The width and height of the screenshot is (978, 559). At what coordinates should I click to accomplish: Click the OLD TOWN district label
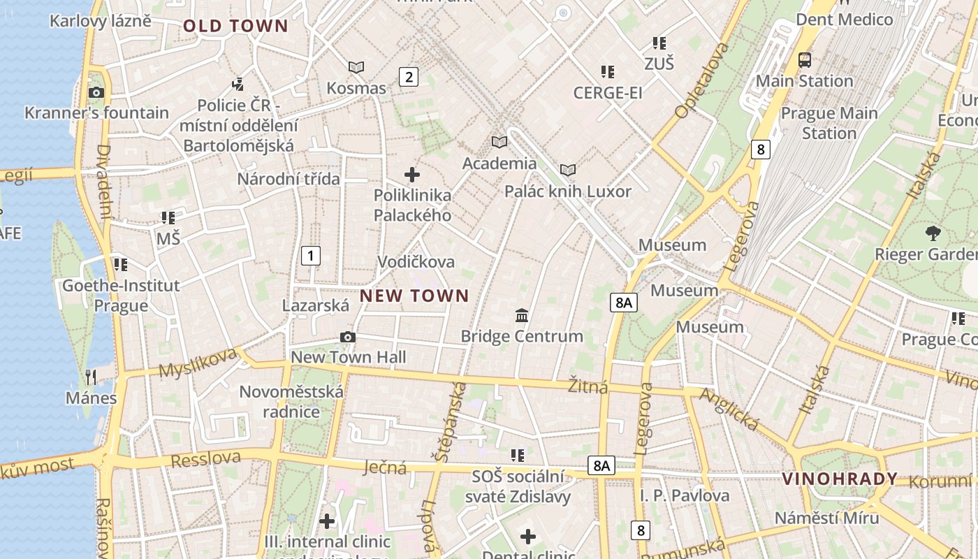[x=235, y=27]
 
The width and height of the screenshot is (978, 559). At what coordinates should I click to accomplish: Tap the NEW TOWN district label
[x=414, y=296]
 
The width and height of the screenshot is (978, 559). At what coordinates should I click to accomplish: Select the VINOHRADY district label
[x=840, y=479]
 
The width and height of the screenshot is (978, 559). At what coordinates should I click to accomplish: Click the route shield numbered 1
[x=310, y=256]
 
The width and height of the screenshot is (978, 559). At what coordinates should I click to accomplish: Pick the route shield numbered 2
[x=409, y=77]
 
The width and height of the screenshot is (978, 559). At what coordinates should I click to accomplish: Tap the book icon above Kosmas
[x=356, y=68]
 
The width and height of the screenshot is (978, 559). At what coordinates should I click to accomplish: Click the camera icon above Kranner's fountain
[x=96, y=92]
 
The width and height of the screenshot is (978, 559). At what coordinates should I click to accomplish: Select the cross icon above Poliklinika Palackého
[x=412, y=175]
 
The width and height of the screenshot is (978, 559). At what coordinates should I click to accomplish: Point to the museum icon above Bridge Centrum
[x=522, y=316]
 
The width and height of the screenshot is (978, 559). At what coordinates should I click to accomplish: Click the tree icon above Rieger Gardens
[x=932, y=233]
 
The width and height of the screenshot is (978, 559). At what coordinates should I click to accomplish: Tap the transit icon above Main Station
[x=805, y=60]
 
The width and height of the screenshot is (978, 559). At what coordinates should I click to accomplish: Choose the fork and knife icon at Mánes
[x=91, y=377]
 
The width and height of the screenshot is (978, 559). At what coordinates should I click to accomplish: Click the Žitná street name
[x=587, y=386]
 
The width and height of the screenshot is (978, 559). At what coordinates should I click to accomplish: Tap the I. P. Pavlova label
[x=685, y=496]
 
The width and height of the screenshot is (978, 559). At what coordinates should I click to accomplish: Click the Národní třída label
[x=289, y=179]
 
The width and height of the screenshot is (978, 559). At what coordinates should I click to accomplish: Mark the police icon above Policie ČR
[x=238, y=85]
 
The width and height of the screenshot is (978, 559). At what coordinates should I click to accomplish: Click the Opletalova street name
[x=702, y=80]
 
